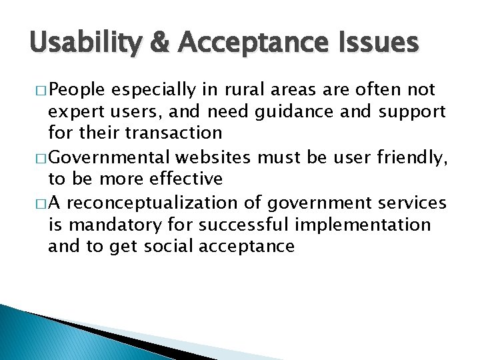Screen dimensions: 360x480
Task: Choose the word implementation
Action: (x=363, y=225)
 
